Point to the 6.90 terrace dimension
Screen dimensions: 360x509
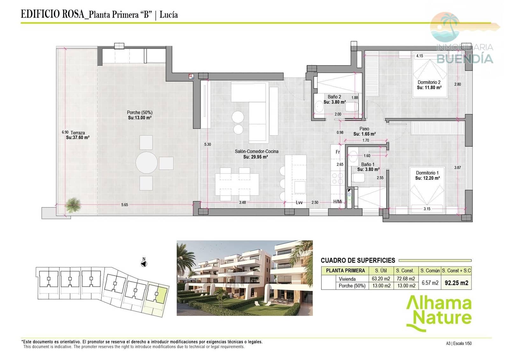65,132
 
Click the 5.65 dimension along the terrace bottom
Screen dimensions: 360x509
124,205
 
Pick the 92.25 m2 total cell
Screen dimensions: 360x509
456,283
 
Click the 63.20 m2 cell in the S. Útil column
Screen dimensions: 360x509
381,279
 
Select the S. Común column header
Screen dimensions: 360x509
430,271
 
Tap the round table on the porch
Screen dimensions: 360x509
146,163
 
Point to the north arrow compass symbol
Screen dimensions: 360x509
144,264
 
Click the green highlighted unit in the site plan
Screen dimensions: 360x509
162,295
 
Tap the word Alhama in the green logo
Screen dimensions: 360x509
438,303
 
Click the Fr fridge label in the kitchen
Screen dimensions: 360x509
338,152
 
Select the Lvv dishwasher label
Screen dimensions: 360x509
299,202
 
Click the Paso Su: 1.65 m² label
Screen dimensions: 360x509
364,131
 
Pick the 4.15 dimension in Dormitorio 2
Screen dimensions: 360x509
420,56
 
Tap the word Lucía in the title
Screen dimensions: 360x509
169,15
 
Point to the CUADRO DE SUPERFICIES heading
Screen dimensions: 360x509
358,260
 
